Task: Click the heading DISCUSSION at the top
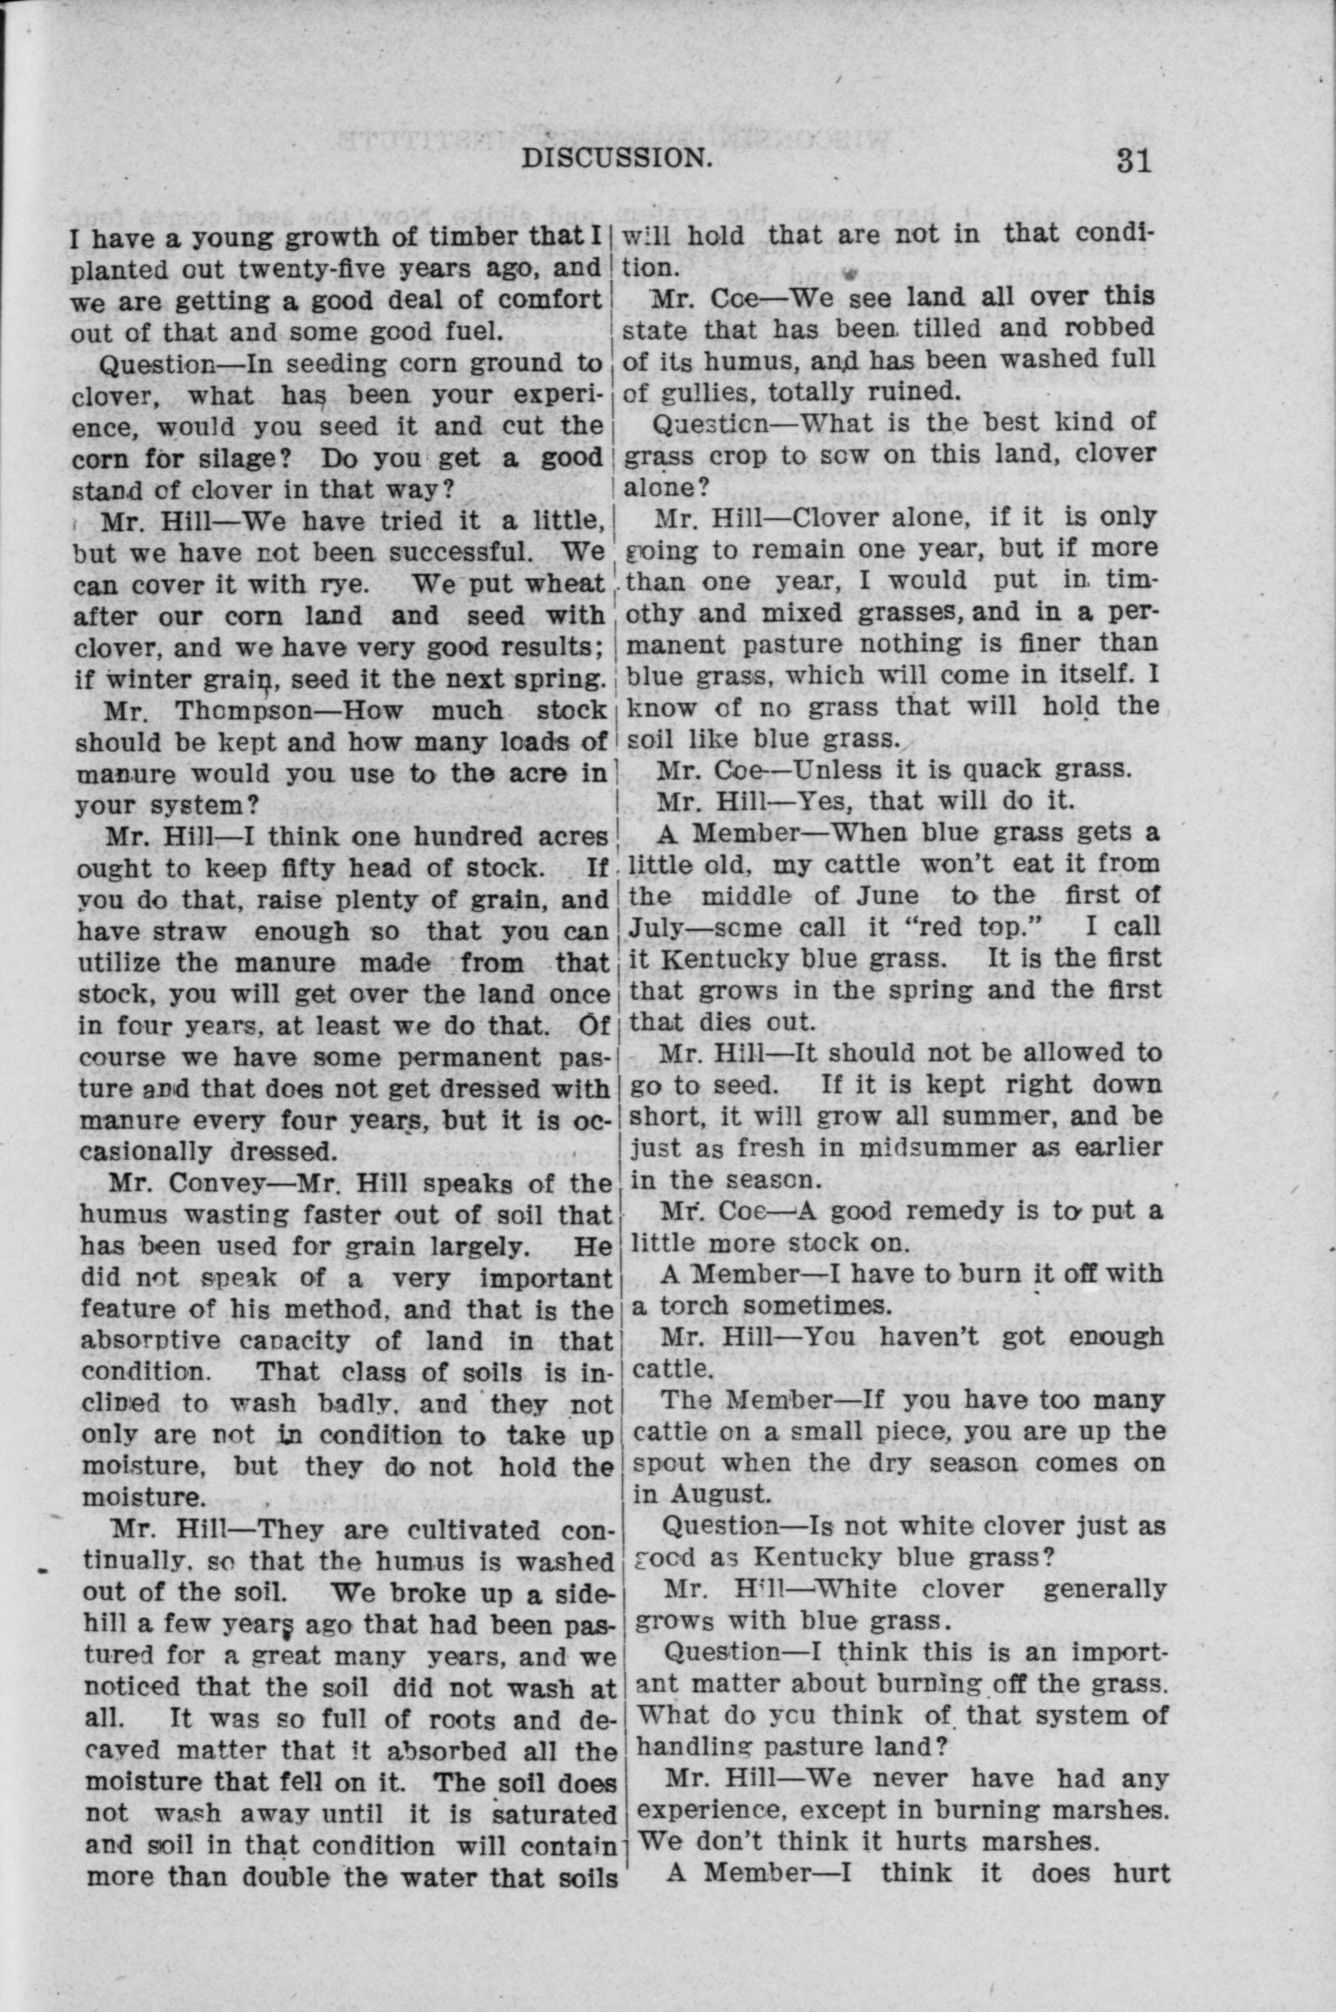point(617,158)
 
